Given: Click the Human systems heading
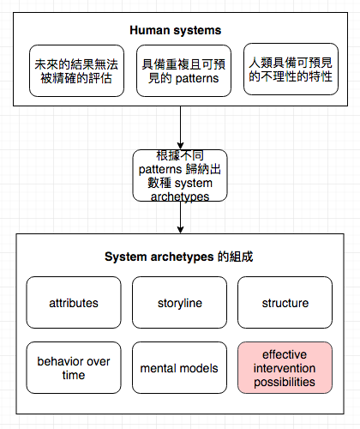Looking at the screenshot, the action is pos(176,30).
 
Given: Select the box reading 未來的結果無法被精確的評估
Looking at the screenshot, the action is pos(76,70).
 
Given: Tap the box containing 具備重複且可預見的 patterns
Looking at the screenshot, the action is pos(183,70).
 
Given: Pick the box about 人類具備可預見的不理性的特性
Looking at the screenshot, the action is pos(291,69).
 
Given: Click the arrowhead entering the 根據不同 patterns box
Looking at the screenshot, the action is pos(180,146).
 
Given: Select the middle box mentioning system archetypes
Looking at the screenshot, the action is pos(180,175).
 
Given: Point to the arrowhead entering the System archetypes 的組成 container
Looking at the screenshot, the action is pos(180,230).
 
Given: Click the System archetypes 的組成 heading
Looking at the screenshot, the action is pos(179,257).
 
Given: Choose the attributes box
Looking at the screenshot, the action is pos(74,302).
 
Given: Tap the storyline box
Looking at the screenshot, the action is pos(179,302).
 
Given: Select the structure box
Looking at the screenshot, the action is pos(285,302).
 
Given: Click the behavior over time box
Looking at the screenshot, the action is pos(74,367).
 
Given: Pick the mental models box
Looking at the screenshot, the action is pos(179,367).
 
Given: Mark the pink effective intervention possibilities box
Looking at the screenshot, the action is pos(285,367).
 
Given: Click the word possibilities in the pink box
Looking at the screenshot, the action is pos(285,383).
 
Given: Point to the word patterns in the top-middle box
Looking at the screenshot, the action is pos(197,79).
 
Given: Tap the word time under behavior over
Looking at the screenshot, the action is pos(74,375).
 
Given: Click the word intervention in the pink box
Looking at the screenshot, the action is pos(285,368).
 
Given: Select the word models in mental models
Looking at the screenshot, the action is pos(199,368).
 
